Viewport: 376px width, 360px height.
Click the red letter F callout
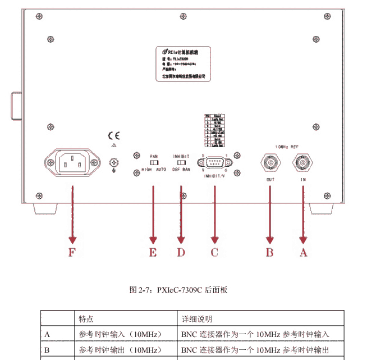click(71, 253)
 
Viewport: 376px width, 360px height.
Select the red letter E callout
click(152, 253)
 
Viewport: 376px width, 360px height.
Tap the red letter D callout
click(181, 253)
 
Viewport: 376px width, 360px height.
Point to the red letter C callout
click(214, 253)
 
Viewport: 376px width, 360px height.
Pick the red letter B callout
click(270, 253)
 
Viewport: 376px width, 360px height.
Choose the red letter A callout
click(304, 253)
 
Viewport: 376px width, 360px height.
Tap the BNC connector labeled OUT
click(270, 163)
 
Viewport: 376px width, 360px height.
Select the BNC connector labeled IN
click(303, 163)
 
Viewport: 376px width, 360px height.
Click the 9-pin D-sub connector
click(214, 163)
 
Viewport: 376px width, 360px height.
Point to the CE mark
click(113, 135)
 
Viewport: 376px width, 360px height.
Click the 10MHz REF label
click(286, 146)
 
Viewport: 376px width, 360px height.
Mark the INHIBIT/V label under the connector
click(214, 176)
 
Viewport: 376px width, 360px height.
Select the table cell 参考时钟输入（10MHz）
click(113, 334)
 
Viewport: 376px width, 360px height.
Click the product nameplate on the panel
click(180, 62)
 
